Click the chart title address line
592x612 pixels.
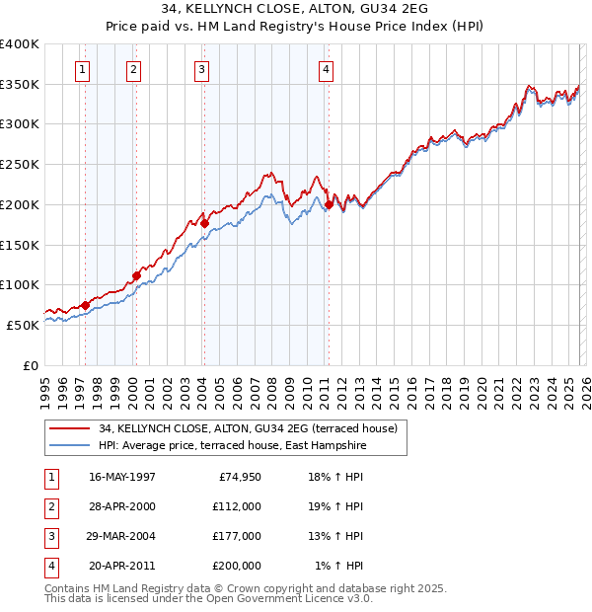point(296,11)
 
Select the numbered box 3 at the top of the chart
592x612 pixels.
point(201,69)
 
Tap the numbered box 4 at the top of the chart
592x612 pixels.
point(325,69)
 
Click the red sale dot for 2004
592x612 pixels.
point(205,223)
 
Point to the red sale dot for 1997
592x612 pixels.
point(85,305)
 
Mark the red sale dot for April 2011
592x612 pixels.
point(329,205)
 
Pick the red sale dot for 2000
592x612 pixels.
point(136,275)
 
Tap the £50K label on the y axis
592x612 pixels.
point(23,325)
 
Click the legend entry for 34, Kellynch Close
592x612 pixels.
point(248,428)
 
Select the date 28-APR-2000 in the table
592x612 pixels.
point(122,506)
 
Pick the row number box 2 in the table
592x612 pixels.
point(50,506)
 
